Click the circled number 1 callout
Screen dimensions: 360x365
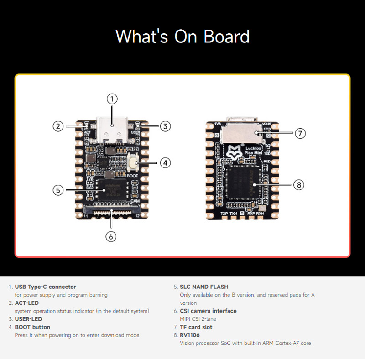point(112,98)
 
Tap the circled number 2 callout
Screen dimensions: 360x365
point(57,126)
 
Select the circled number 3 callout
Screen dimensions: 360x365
point(166,126)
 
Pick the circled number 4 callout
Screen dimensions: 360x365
point(166,162)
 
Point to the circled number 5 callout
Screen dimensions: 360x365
point(57,190)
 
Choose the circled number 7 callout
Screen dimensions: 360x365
point(299,133)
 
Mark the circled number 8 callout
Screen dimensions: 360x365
point(298,185)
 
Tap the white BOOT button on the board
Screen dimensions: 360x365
point(134,162)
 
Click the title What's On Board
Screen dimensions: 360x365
point(182,37)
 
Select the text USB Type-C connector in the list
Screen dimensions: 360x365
point(45,287)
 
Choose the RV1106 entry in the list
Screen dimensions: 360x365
point(189,335)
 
